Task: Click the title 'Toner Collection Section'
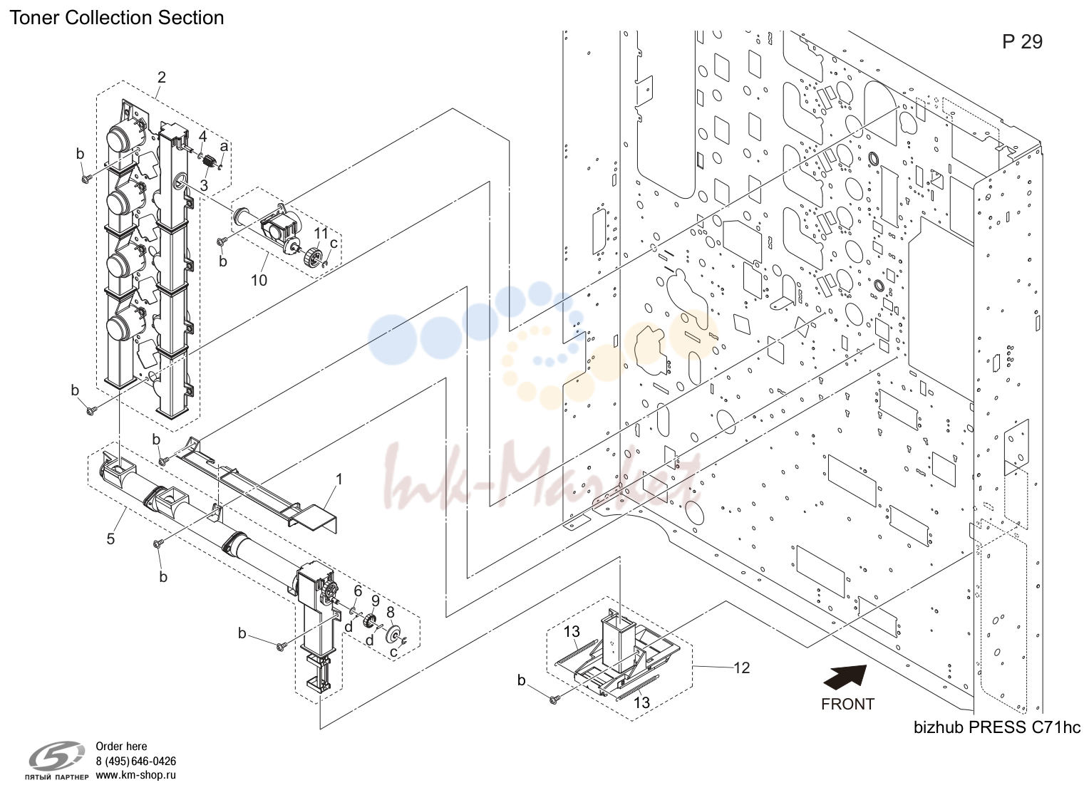117,18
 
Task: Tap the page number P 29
1023,42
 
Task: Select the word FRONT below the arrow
848,704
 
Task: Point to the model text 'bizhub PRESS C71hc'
997,727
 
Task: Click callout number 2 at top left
161,77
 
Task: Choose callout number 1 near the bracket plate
339,479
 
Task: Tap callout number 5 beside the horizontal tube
111,539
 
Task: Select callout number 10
259,281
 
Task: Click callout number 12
742,668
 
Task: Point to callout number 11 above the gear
321,233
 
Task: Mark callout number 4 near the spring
202,136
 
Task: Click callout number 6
358,591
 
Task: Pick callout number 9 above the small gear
376,601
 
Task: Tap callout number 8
391,613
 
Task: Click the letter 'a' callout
224,146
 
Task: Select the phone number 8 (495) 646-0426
135,762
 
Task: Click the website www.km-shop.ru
135,776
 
